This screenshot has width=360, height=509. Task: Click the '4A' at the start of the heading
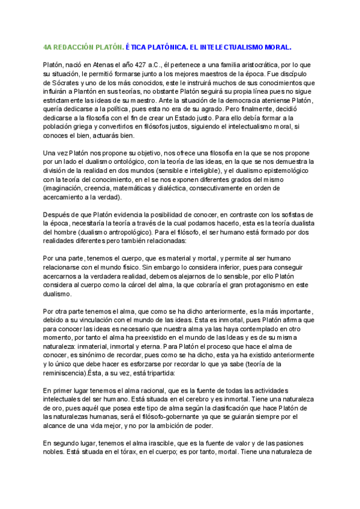[x=49, y=46]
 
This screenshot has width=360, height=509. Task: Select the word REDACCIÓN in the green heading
[x=77, y=46]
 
